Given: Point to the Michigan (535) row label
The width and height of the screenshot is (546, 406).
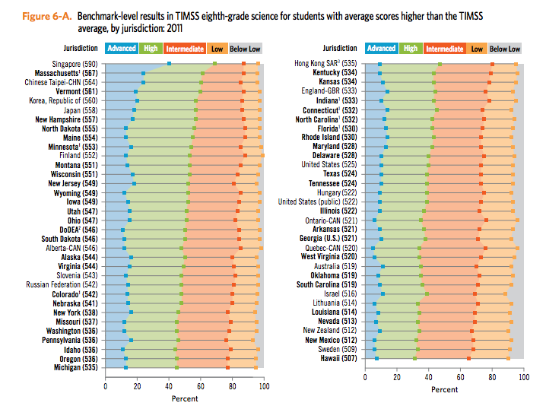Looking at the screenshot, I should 75,367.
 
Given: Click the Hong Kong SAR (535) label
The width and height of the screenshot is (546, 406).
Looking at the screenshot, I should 325,64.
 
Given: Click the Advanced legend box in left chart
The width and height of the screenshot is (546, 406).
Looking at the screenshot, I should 122,48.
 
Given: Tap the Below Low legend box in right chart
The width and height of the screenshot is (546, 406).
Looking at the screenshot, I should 505,48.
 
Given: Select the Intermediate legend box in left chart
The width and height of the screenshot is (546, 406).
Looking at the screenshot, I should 184,48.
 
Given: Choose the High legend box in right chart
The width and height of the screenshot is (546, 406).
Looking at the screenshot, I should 411,48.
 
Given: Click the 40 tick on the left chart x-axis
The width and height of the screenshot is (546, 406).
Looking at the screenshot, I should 169,387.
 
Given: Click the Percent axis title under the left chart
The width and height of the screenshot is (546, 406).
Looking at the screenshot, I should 184,398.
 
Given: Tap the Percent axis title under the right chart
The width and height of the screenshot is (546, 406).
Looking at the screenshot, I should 444,389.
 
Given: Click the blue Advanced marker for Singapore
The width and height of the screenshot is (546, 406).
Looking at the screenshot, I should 169,64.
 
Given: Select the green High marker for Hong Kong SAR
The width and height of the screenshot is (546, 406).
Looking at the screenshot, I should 440,64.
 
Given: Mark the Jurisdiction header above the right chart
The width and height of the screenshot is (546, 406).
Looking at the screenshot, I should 340,48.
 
